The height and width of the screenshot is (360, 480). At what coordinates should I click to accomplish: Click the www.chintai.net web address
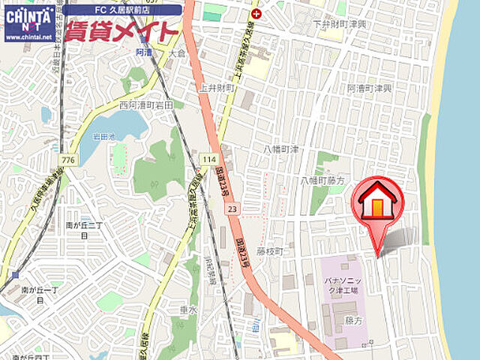coord(29,36)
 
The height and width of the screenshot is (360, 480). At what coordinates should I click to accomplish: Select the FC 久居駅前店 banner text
coord(122,10)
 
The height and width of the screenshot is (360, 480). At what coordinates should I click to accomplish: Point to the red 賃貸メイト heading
coord(122,31)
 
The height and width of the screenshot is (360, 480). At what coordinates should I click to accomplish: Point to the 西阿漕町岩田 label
coord(145,106)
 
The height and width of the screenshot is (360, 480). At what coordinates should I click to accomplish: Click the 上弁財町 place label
coord(217,88)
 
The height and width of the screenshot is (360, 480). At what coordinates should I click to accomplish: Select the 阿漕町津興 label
coord(370,88)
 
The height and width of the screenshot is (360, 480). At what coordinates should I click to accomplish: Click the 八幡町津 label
coord(281,150)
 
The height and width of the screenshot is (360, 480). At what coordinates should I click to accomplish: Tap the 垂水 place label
coord(187,308)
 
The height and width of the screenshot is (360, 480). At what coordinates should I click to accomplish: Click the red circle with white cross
coord(257,13)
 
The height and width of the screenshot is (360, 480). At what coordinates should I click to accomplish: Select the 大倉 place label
coord(177,54)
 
